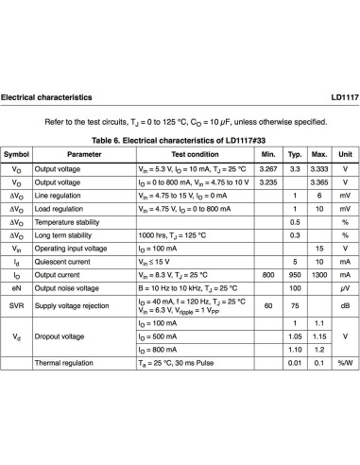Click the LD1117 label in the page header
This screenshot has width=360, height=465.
(343, 97)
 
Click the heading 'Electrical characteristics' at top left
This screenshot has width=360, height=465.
(47, 97)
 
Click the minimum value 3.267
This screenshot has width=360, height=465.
(268, 168)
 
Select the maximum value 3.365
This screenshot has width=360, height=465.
(319, 181)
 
